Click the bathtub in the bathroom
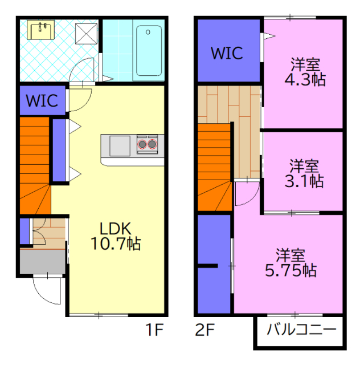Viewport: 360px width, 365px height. (x=149, y=51)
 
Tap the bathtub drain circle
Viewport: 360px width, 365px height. (x=148, y=32)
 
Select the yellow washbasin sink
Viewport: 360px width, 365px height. (x=40, y=30)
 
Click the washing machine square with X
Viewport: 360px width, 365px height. (x=86, y=34)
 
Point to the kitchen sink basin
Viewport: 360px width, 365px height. (x=120, y=146)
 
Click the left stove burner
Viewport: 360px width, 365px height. (x=142, y=144)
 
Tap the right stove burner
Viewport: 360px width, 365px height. (x=152, y=144)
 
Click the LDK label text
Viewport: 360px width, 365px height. (x=116, y=229)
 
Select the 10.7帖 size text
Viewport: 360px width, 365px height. (x=116, y=244)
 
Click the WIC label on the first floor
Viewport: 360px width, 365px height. (x=42, y=100)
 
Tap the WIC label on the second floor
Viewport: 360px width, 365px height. (x=227, y=53)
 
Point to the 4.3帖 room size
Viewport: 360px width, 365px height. (x=305, y=80)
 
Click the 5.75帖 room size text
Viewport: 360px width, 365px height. (x=291, y=270)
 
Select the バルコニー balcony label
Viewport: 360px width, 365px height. (x=302, y=330)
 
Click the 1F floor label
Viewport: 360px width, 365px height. (x=154, y=330)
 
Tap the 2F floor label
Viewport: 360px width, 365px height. (x=205, y=330)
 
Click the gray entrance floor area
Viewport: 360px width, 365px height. (x=42, y=261)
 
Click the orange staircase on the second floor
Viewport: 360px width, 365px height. (x=214, y=167)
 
